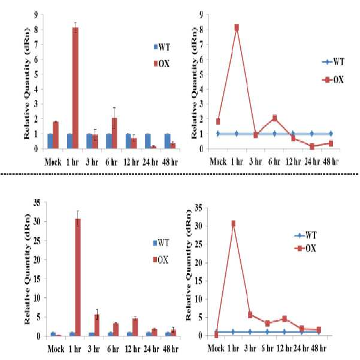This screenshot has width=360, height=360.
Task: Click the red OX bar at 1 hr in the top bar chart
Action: tap(75, 88)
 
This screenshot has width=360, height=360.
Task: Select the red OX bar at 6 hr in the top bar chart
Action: tap(114, 133)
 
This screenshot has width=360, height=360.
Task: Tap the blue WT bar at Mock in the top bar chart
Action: tap(50, 141)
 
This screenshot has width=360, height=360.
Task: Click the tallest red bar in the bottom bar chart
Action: tap(78, 277)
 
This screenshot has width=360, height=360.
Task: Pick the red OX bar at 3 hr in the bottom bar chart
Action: tap(97, 325)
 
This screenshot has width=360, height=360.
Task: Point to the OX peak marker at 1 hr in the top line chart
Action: tap(237, 28)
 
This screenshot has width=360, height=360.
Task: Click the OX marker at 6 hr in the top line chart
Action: tap(274, 118)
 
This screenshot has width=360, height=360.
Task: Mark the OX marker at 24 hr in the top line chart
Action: tap(312, 146)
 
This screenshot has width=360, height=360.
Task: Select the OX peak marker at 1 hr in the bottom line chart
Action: tap(233, 223)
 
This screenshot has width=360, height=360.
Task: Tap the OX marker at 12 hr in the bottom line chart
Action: tap(285, 319)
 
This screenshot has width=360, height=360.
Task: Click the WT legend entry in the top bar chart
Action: tap(162, 47)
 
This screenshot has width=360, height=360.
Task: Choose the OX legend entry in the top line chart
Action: tap(333, 80)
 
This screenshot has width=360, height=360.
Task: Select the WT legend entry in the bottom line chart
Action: tap(305, 235)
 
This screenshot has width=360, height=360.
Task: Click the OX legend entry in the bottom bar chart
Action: tap(161, 260)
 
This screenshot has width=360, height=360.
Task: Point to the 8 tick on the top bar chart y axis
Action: tap(36, 29)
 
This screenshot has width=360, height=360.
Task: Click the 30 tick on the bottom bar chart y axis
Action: tap(37, 222)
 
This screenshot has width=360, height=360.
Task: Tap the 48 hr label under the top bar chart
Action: tap(170, 162)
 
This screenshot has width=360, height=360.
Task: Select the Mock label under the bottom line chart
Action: tap(216, 349)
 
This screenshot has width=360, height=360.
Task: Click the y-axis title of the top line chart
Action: tap(194, 83)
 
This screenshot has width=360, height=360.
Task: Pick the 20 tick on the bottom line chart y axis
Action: tap(198, 262)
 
